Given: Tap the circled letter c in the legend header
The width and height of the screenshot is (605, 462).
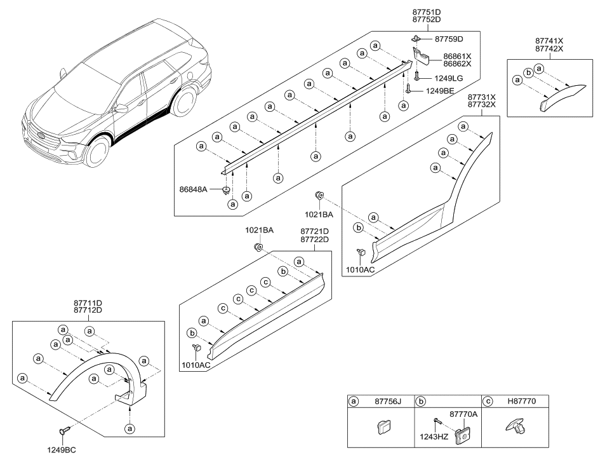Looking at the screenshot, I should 488,402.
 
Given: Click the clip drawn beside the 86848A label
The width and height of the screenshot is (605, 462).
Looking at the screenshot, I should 227,189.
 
